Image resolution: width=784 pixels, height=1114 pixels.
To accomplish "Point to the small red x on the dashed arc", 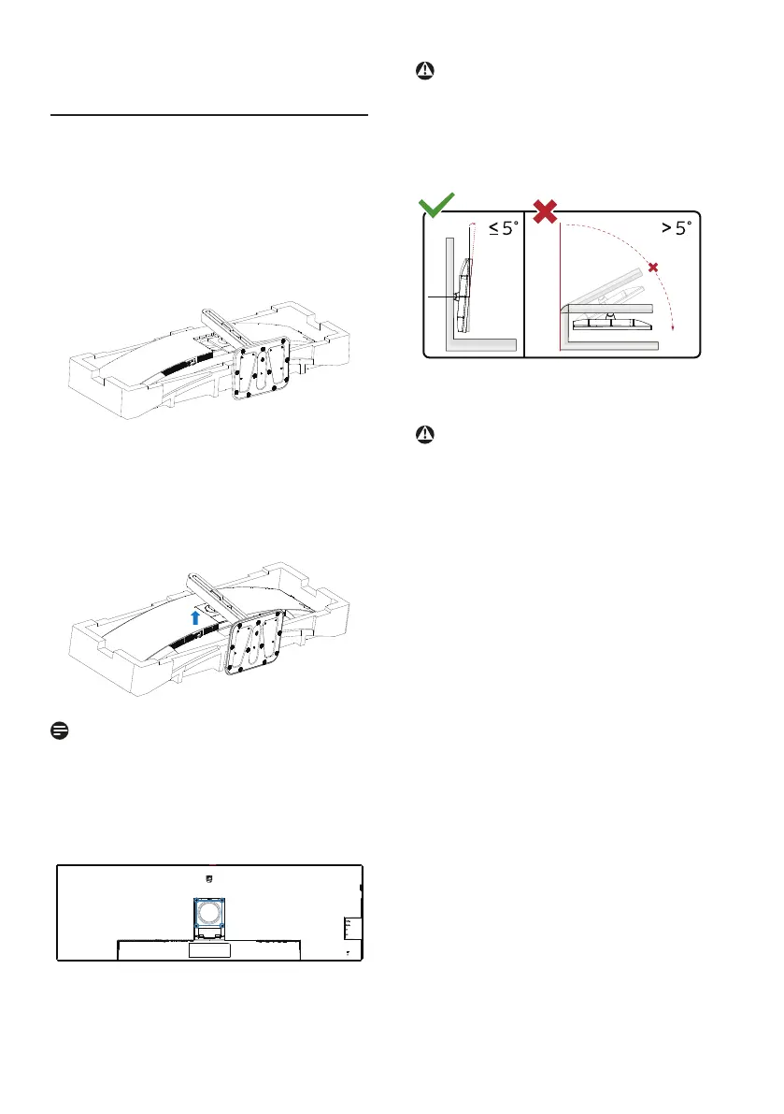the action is [x=652, y=268].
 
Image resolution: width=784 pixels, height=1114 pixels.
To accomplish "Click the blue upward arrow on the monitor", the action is [x=195, y=615].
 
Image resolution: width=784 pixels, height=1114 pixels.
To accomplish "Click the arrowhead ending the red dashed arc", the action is [x=673, y=327].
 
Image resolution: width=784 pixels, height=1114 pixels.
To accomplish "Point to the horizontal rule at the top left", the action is [x=209, y=117].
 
